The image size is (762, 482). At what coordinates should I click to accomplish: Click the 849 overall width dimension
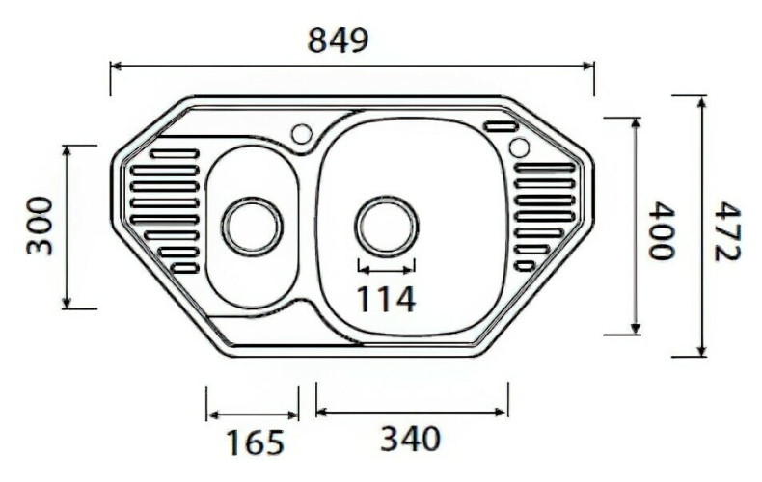338,40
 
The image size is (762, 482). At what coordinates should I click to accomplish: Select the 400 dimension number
660,230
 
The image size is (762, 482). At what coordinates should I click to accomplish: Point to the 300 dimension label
39,226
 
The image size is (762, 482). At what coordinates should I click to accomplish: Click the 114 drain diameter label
386,299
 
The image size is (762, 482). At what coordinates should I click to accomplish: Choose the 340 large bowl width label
410,439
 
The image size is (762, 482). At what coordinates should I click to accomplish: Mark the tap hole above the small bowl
302,132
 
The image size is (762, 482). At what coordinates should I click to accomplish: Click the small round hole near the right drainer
519,147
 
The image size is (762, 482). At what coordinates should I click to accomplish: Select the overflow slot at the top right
501,126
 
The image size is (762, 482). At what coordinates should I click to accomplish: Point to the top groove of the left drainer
175,153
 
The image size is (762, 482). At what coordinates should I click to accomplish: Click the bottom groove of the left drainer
184,267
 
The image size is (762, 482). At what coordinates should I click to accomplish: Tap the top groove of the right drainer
545,168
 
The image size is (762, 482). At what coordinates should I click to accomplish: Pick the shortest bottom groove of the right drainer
525,265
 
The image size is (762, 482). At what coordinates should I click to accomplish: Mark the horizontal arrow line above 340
412,412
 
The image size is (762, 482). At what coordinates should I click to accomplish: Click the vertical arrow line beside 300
67,227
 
